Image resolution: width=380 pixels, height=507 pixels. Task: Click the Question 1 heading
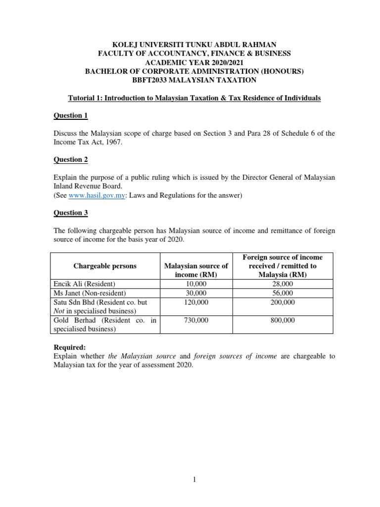(x=70, y=116)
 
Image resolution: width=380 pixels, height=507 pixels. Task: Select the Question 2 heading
(x=70, y=159)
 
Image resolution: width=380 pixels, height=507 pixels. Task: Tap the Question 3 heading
(x=70, y=212)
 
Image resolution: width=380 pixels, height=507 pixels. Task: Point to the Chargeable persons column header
(x=105, y=266)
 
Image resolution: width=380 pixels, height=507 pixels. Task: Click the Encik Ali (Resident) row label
(x=84, y=284)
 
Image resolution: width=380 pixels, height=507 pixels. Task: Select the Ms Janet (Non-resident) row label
(x=91, y=293)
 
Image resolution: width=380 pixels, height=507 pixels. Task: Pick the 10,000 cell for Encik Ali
(x=197, y=284)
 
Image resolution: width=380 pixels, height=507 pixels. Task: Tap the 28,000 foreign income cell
(x=284, y=284)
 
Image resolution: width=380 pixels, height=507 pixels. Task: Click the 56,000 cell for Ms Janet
(x=284, y=293)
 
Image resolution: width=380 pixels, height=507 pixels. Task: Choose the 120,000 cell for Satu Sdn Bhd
(x=197, y=302)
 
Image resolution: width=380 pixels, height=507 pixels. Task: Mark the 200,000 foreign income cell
(x=284, y=302)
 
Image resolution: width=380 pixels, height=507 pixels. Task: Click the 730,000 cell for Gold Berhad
(x=197, y=320)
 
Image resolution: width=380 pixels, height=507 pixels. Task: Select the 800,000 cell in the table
(x=284, y=320)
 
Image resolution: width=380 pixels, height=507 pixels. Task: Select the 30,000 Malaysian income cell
(x=197, y=293)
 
